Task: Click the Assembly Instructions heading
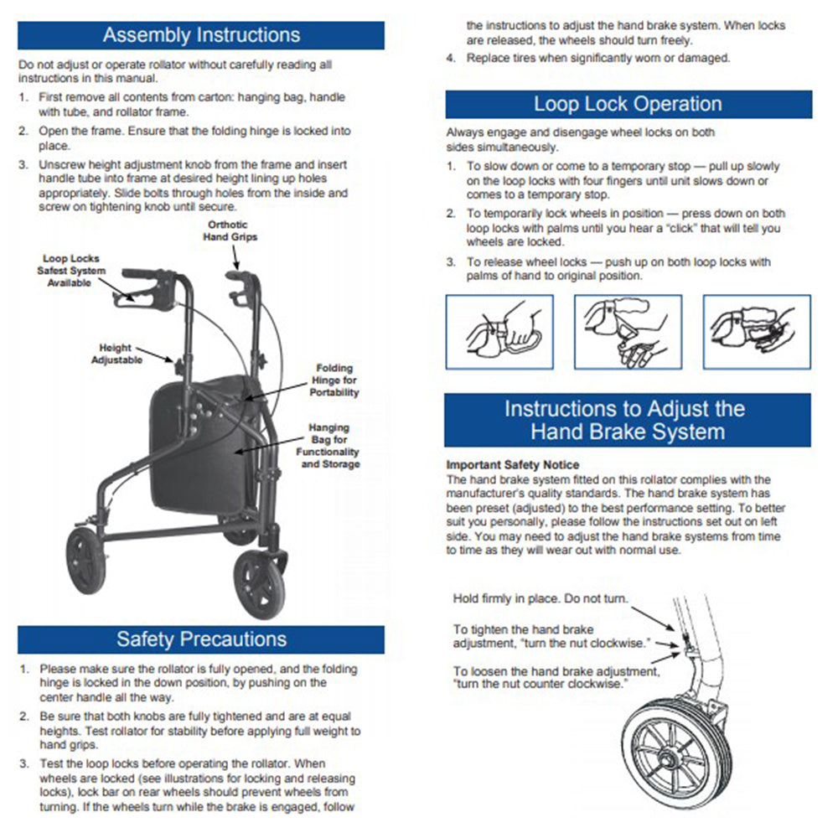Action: point(201,35)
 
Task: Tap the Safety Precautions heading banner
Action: point(201,639)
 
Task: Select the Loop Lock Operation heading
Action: point(628,105)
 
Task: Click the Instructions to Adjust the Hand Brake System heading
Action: point(627,421)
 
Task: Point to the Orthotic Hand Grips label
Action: point(230,231)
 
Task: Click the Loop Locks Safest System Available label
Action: point(71,271)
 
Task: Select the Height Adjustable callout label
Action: point(116,354)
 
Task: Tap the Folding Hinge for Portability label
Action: point(334,380)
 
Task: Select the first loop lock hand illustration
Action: point(499,332)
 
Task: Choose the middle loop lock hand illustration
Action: point(627,332)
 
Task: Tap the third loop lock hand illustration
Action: point(756,332)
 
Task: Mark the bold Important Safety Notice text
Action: point(512,464)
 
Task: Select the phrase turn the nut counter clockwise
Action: point(540,685)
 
